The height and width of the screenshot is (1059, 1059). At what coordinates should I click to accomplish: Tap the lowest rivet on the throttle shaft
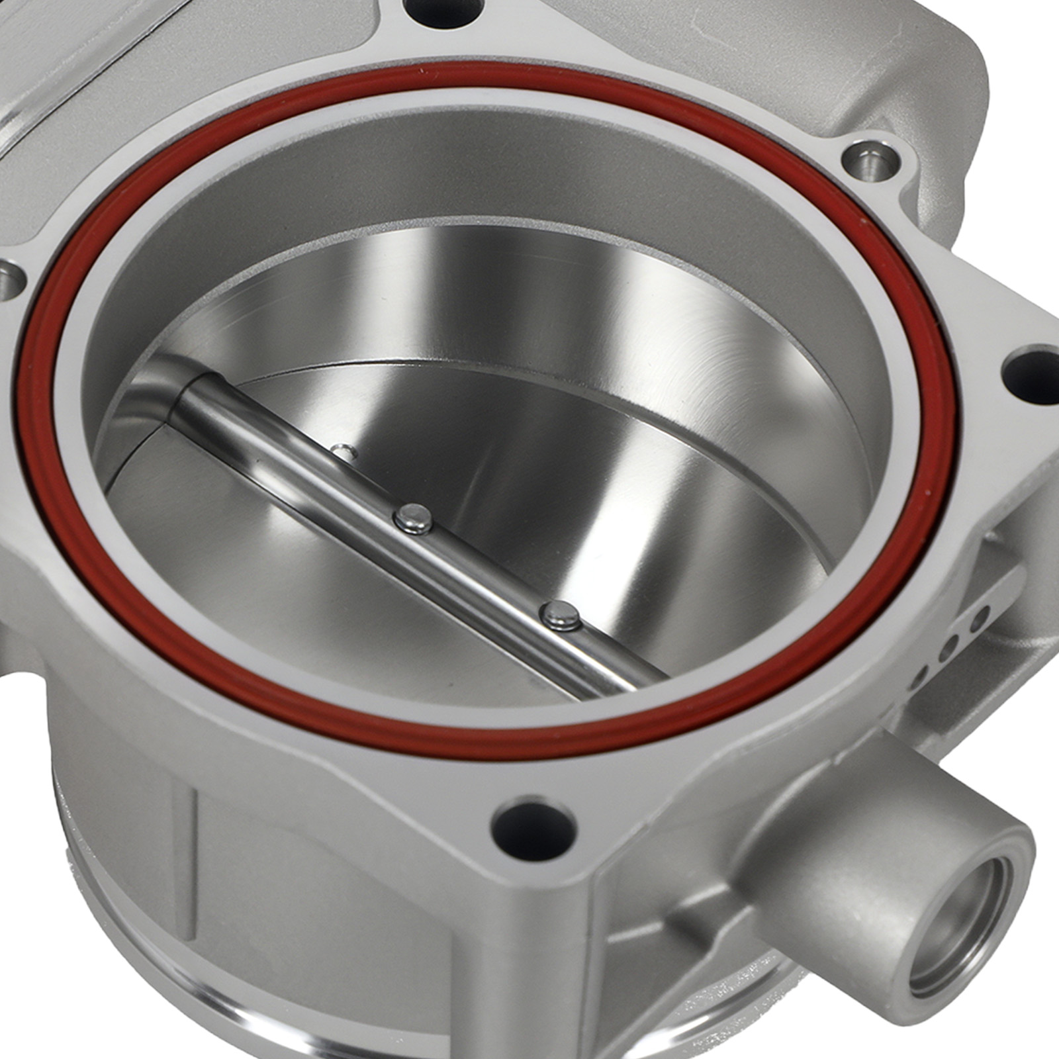tap(560, 616)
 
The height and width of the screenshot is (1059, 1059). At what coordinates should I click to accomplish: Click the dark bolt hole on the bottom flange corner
tap(533, 827)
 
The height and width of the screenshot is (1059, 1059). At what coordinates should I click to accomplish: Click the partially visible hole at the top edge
tap(444, 12)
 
